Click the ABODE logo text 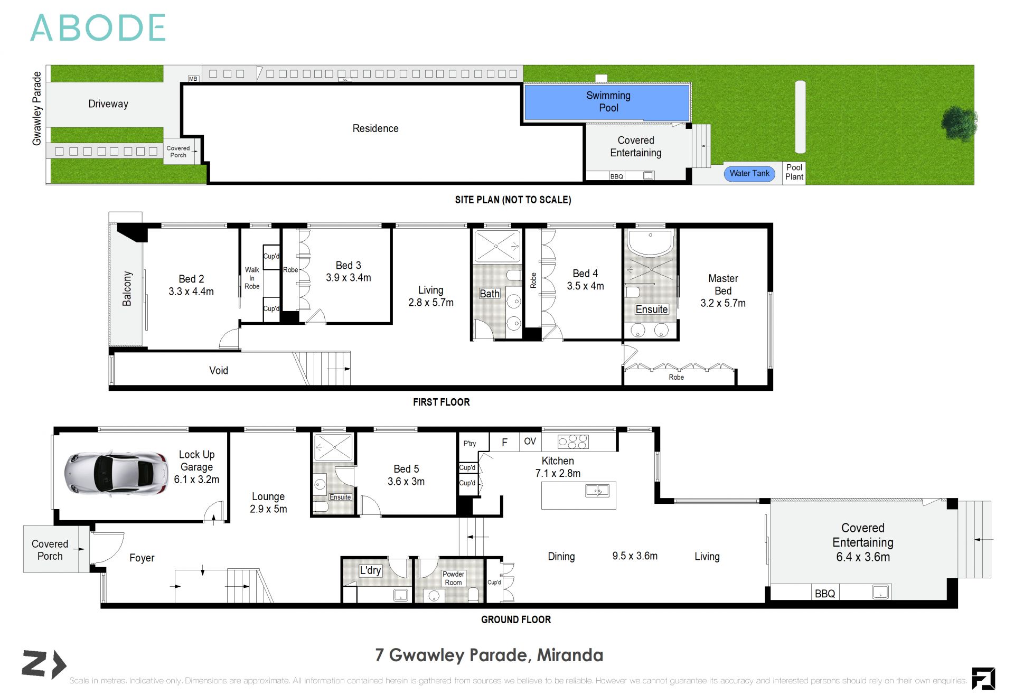click(98, 28)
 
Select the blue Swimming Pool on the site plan click(607, 102)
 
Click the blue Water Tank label click(749, 173)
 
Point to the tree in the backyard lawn click(959, 124)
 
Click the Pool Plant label click(794, 172)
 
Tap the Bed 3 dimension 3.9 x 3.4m click(348, 278)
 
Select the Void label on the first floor click(219, 371)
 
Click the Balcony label click(127, 289)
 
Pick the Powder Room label click(453, 578)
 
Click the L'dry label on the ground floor click(370, 570)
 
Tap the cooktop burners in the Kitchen click(573, 442)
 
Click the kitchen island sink click(597, 491)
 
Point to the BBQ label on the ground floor click(824, 594)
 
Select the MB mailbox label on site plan click(193, 79)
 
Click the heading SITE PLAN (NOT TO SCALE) click(513, 200)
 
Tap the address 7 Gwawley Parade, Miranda click(489, 655)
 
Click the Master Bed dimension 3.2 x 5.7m click(723, 303)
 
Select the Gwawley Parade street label click(36, 108)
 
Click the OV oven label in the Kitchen click(530, 442)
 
